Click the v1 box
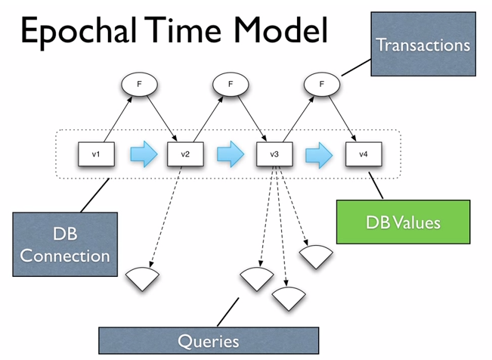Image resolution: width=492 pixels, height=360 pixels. (x=96, y=154)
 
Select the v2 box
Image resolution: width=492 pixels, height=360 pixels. (x=185, y=154)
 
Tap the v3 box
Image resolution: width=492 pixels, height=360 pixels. (x=274, y=154)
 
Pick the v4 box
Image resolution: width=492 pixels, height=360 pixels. (x=364, y=154)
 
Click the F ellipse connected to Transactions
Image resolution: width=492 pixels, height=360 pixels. (x=322, y=84)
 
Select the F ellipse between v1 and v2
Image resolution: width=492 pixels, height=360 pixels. (x=139, y=84)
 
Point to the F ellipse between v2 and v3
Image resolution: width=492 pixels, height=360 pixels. (x=231, y=84)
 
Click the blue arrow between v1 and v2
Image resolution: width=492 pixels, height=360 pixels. (x=144, y=154)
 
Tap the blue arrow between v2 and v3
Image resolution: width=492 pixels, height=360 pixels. (x=231, y=154)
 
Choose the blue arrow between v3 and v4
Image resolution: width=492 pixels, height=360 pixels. (x=319, y=155)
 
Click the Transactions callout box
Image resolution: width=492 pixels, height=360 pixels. (x=423, y=44)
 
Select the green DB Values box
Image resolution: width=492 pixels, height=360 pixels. (x=404, y=222)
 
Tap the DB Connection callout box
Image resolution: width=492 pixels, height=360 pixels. (x=65, y=244)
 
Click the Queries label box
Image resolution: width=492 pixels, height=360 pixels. (x=209, y=341)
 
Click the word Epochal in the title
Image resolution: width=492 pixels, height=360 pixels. (x=79, y=32)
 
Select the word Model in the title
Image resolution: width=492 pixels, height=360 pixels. (x=281, y=29)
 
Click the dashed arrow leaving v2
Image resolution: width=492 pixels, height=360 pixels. (x=166, y=217)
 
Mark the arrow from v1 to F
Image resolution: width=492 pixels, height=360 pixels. (x=118, y=119)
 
